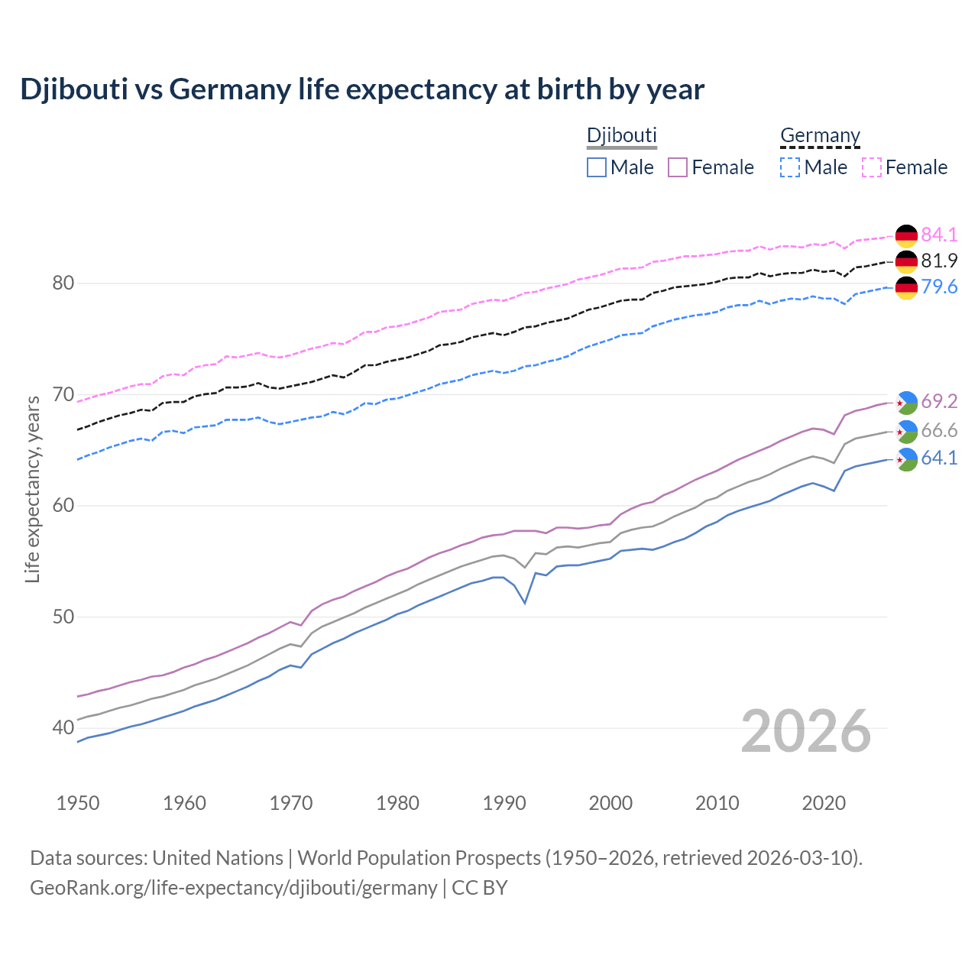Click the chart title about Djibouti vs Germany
click(362, 89)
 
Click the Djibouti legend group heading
click(621, 135)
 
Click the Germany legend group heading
click(820, 135)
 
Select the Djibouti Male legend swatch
click(597, 167)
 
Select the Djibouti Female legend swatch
click(678, 167)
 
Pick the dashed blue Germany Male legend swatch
click(790, 167)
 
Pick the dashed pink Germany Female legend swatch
click(872, 167)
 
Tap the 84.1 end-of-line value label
click(939, 235)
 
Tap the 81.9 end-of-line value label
click(939, 261)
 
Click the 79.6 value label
click(939, 287)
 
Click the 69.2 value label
click(939, 401)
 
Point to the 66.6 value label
click(939, 430)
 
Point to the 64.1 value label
click(939, 458)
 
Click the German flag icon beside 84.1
click(906, 235)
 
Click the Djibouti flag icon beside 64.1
click(906, 459)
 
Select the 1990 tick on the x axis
click(504, 803)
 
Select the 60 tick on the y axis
click(63, 506)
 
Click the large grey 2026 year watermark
click(805, 731)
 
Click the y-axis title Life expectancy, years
click(32, 489)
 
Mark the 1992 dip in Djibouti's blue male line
click(525, 603)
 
